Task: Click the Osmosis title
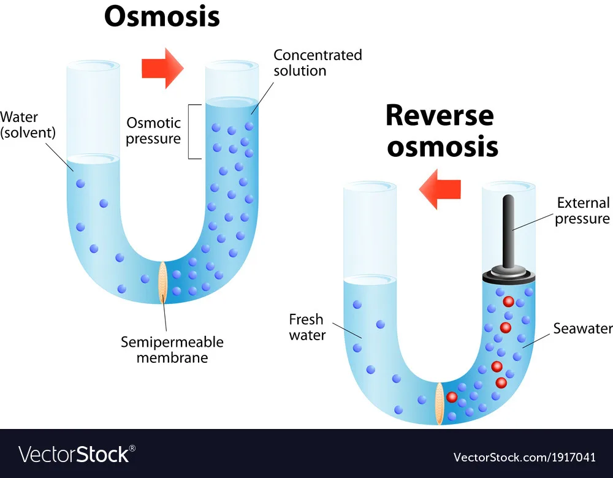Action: click(162, 17)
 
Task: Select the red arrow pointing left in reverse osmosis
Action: click(440, 189)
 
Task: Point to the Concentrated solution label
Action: click(318, 63)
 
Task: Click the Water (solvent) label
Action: click(20, 125)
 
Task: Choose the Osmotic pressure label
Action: click(153, 131)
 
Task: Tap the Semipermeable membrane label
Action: click(172, 349)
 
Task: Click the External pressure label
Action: click(582, 211)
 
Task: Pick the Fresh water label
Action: click(306, 327)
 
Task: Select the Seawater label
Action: click(582, 328)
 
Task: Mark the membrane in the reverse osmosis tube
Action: click(440, 403)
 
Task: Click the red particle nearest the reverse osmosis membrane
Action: click(452, 396)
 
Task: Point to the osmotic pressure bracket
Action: click(194, 131)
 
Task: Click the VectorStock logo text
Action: click(77, 454)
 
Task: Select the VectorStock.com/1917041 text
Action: click(524, 457)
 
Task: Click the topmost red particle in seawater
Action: click(508, 302)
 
